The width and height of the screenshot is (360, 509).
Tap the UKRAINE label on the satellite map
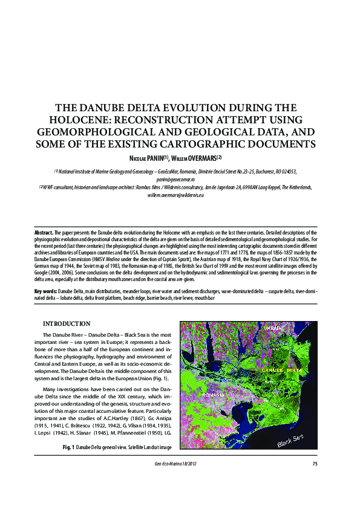pyautogui.click(x=275, y=327)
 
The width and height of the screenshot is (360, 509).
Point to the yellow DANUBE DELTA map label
pyautogui.click(x=283, y=369)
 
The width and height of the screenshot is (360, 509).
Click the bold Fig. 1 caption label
pyautogui.click(x=68, y=448)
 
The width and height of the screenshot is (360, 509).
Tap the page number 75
pyautogui.click(x=315, y=464)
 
